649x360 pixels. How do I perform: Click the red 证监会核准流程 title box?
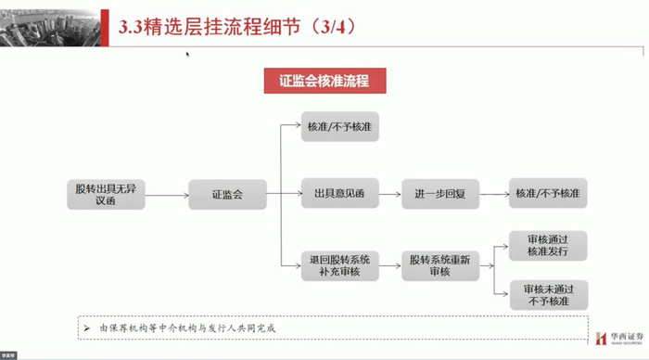(x=324, y=81)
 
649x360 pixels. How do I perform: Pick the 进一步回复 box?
(x=439, y=194)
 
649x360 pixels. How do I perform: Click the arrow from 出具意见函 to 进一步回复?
(x=389, y=194)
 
